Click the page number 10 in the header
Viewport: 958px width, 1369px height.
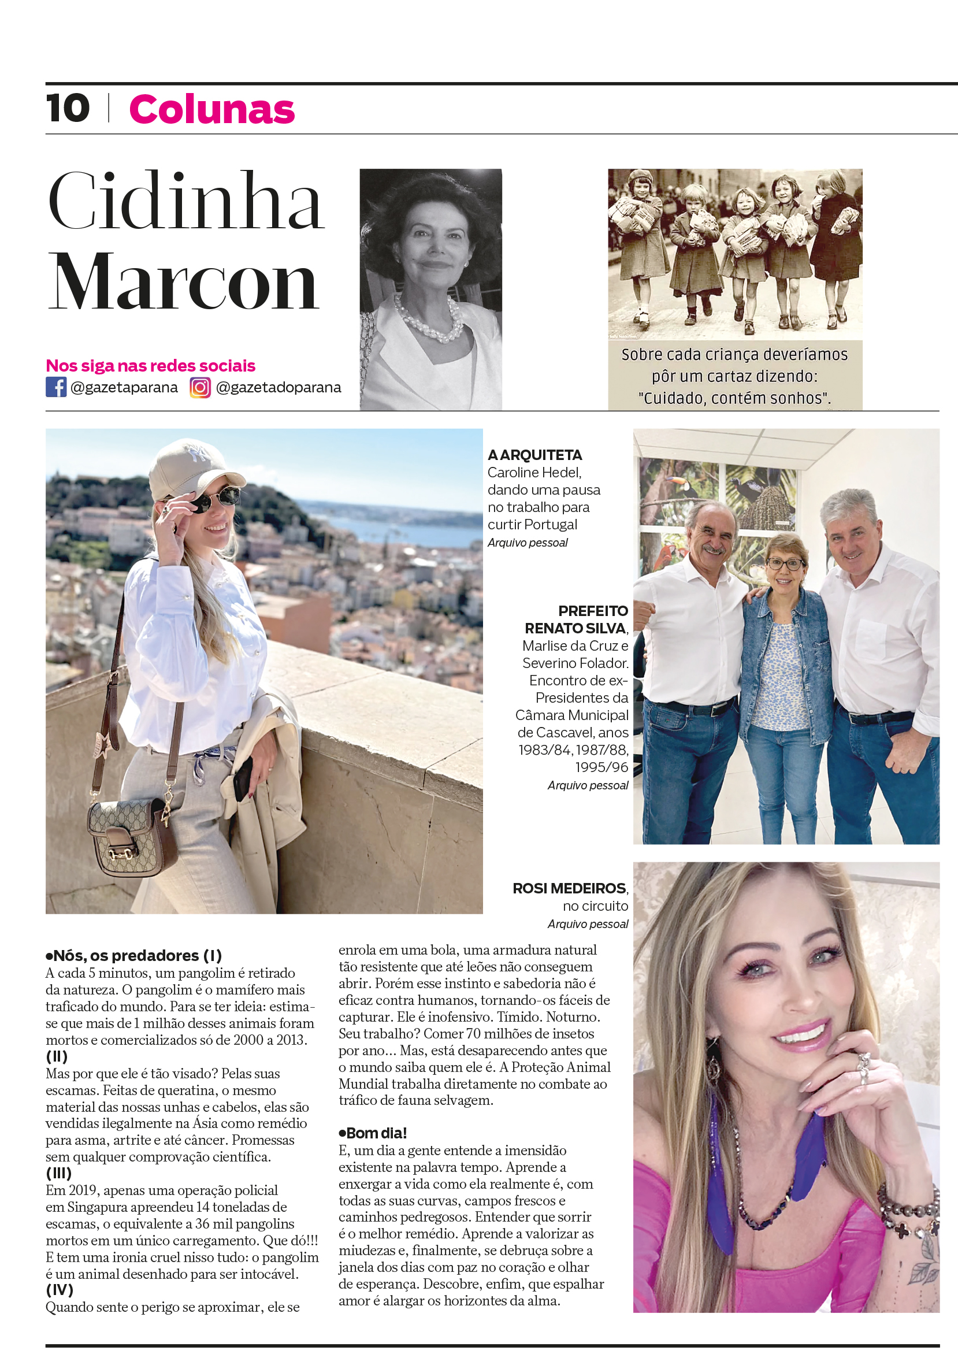pyautogui.click(x=68, y=109)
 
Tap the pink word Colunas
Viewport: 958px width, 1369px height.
pyautogui.click(x=211, y=110)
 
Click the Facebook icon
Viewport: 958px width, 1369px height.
pyautogui.click(x=56, y=387)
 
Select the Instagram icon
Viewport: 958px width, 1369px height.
pyautogui.click(x=200, y=388)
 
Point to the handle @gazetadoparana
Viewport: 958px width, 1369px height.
pyautogui.click(x=278, y=388)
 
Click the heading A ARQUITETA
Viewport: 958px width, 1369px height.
pyautogui.click(x=534, y=455)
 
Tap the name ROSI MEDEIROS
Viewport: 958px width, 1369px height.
pyautogui.click(x=569, y=888)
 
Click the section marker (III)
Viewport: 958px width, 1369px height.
pyautogui.click(x=58, y=1174)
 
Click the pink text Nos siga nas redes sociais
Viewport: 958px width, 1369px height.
pyautogui.click(x=150, y=365)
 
